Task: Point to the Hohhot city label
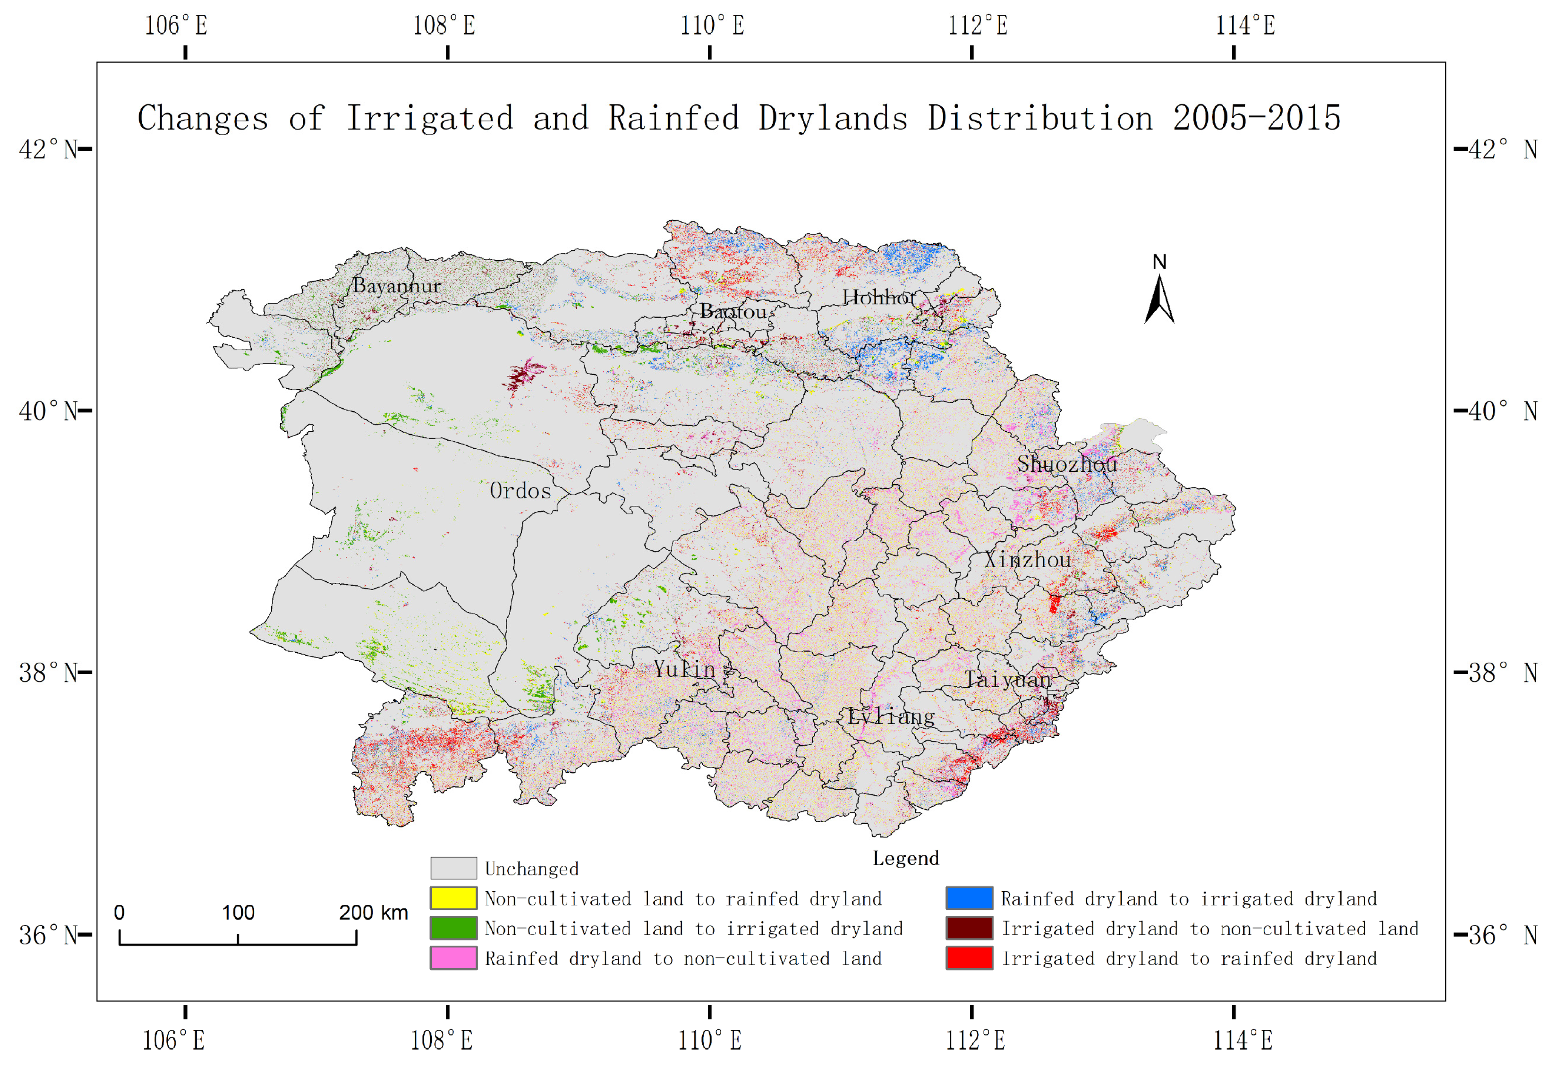pyautogui.click(x=878, y=298)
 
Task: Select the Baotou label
pyautogui.click(x=733, y=312)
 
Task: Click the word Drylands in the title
pyautogui.click(x=833, y=118)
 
